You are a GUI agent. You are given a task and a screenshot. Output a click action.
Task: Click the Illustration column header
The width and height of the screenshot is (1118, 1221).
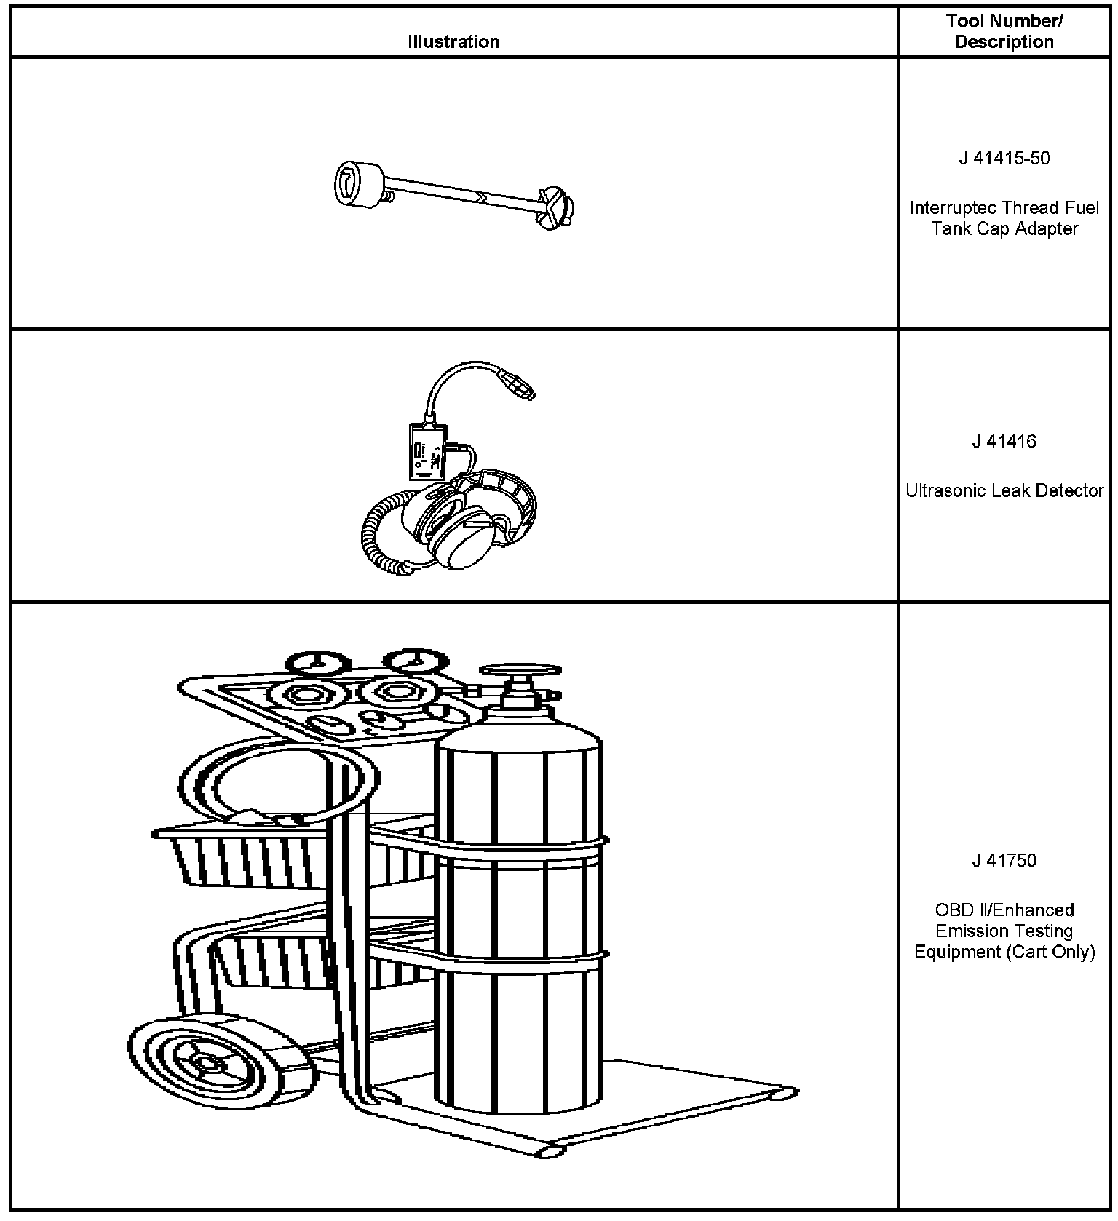pos(453,41)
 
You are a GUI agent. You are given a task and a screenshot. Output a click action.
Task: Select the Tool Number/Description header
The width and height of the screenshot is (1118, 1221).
pos(1004,31)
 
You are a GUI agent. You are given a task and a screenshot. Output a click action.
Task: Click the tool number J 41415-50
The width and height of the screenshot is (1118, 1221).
pos(1004,159)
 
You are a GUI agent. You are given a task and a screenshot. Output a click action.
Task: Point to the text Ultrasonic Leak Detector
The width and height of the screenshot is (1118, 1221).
pos(1004,491)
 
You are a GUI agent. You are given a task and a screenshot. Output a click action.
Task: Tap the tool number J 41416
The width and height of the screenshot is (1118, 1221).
pos(1004,442)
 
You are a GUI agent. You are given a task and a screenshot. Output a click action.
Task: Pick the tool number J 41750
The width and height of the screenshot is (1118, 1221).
pos(1004,861)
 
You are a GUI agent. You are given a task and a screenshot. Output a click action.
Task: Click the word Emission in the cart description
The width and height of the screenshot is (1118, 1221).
pos(1004,931)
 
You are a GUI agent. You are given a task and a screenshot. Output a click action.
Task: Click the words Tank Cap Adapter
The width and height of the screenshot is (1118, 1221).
pos(1004,229)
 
